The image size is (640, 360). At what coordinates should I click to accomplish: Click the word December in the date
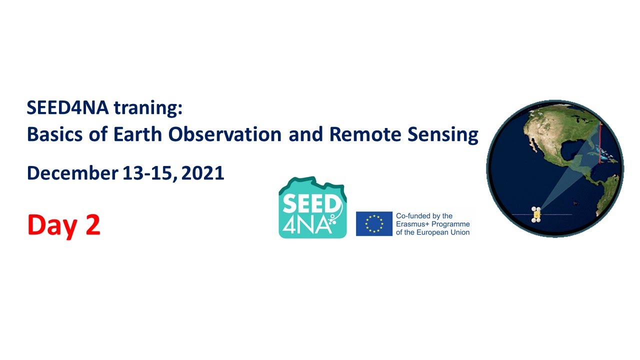(72, 173)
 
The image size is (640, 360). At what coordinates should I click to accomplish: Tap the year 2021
(203, 173)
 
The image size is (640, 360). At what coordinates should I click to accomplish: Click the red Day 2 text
(64, 224)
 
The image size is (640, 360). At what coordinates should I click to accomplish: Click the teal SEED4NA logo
(312, 207)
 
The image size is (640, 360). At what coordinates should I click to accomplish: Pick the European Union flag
(374, 223)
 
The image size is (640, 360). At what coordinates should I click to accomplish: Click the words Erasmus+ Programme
(432, 224)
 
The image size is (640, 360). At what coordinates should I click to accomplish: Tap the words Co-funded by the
(424, 216)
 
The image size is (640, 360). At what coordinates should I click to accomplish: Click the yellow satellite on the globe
(536, 213)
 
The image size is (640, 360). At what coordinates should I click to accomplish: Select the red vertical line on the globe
(599, 145)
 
